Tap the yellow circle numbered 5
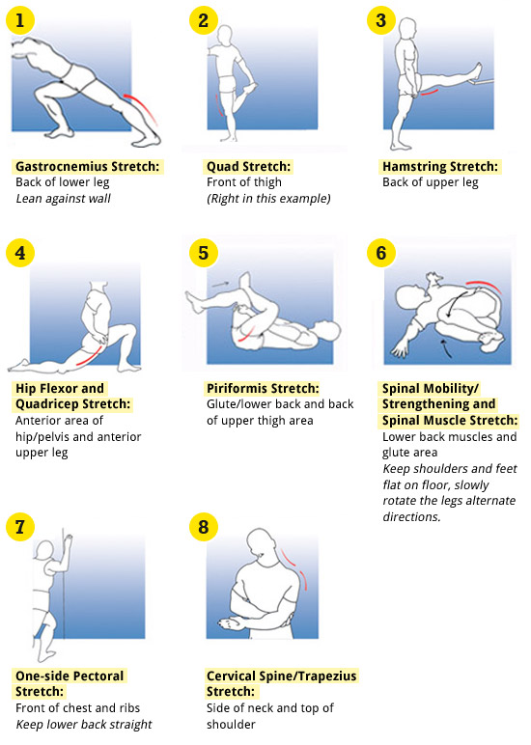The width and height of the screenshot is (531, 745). [203, 252]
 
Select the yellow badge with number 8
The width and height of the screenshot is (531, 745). [203, 527]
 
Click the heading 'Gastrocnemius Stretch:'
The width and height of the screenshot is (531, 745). [87, 167]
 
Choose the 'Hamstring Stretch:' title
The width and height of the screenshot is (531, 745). [440, 167]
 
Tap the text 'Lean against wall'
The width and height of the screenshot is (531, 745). [64, 199]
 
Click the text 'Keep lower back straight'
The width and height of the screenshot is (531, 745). [84, 725]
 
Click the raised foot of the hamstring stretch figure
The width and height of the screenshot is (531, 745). [476, 67]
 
